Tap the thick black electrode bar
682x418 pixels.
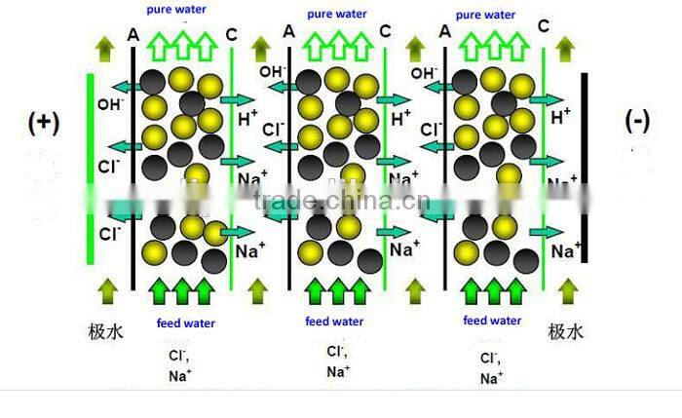[x=583, y=166]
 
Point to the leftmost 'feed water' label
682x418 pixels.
[x=186, y=323]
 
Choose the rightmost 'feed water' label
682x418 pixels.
[x=491, y=321]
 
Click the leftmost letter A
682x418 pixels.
[x=133, y=34]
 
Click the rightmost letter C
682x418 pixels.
[x=541, y=29]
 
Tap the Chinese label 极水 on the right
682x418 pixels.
[x=568, y=331]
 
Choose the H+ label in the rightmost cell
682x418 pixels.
[x=562, y=116]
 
